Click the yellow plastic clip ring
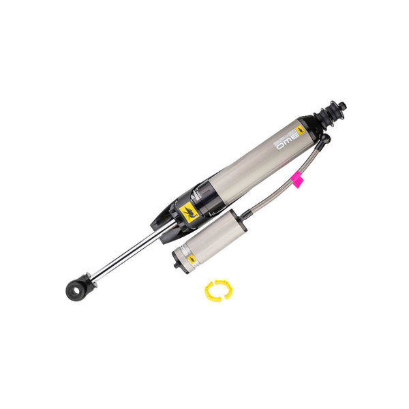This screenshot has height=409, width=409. click(x=218, y=290)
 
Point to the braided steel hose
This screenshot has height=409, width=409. click(x=273, y=198)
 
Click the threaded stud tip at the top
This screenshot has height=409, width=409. click(x=342, y=106)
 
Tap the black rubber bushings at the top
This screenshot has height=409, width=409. click(x=329, y=115)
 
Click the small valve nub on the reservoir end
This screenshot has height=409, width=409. click(x=176, y=264)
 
